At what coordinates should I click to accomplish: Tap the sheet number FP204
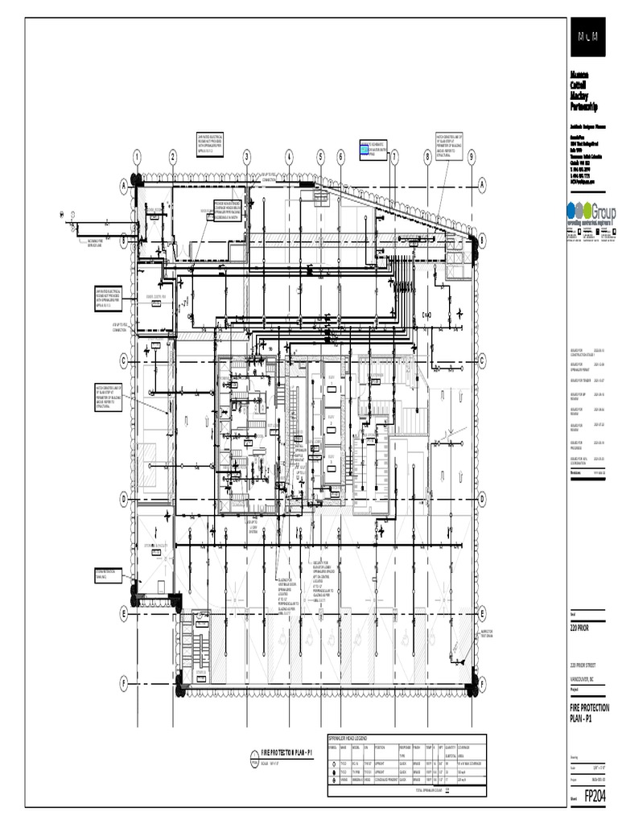coord(595,795)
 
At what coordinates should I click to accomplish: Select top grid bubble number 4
coord(289,157)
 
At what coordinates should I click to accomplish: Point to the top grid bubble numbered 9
coord(471,157)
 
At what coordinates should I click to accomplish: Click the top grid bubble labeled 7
coord(394,157)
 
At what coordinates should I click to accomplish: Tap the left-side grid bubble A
coord(124,187)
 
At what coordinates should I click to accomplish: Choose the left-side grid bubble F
coord(124,682)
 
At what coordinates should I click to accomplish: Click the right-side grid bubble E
coord(484,615)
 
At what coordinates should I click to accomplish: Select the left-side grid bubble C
coord(124,360)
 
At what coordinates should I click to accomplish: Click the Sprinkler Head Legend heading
coord(348,738)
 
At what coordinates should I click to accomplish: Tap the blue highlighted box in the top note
coord(365,150)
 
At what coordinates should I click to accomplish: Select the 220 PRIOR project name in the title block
coord(579,627)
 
